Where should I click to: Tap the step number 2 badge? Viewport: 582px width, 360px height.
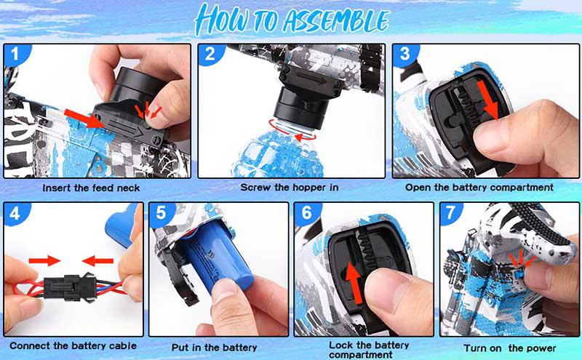pos(210,55)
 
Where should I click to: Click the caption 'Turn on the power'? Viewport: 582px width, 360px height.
pos(511,348)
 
